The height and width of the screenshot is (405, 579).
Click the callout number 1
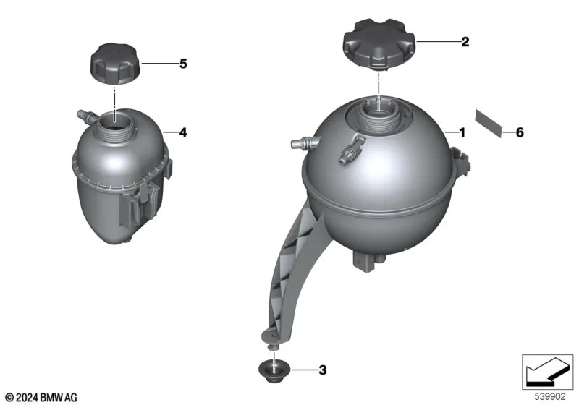pos(462,132)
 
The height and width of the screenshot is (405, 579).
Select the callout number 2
pos(465,42)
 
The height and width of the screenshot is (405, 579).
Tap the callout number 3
pos(322,370)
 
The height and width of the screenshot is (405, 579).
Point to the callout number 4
pos(183,132)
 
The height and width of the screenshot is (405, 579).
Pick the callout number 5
pos(183,64)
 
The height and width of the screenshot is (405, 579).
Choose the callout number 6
pos(520,132)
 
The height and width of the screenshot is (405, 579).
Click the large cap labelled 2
pos(379,44)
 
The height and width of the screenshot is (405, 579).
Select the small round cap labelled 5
pos(116,64)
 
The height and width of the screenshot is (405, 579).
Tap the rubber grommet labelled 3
pos(274,372)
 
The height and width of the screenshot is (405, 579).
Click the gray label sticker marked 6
pos(489,123)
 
